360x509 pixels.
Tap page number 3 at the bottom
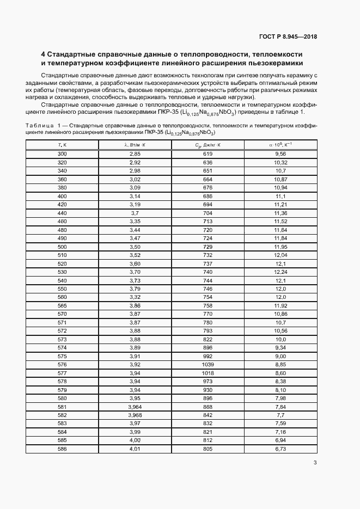pyautogui.click(x=315, y=463)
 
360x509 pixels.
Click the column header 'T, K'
pyautogui.click(x=62, y=145)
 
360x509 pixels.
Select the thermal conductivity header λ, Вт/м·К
pyautogui.click(x=135, y=145)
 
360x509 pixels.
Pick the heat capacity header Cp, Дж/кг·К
pyautogui.click(x=208, y=145)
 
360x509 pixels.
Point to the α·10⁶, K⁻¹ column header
pyautogui.click(x=280, y=145)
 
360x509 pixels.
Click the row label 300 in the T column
pyautogui.click(x=62, y=155)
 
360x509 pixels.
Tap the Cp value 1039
pyautogui.click(x=208, y=364)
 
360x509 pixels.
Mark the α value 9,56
pyautogui.click(x=280, y=155)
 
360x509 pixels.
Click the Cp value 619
pyautogui.click(x=208, y=155)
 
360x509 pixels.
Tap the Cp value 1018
pyautogui.click(x=208, y=372)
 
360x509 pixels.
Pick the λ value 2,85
pyautogui.click(x=135, y=155)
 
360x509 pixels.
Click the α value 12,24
pyautogui.click(x=280, y=272)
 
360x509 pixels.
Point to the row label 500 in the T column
pyautogui.click(x=62, y=247)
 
